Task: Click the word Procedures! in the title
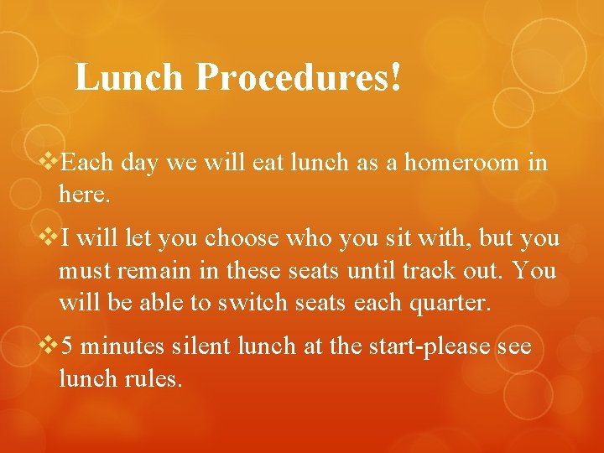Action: click(299, 78)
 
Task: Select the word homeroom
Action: click(463, 163)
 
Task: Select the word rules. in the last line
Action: click(154, 379)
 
